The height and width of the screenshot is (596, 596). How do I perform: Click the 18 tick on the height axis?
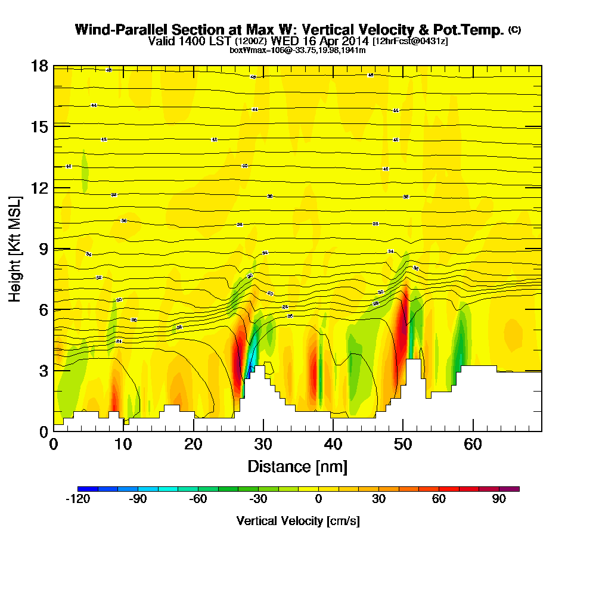click(41, 66)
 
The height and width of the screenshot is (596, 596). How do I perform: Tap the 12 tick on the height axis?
click(41, 188)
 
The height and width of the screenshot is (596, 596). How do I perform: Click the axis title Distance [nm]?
click(297, 465)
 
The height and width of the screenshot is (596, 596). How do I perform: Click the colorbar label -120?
click(77, 499)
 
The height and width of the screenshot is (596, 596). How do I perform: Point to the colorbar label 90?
click(499, 499)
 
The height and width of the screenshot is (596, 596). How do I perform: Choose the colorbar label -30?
click(257, 499)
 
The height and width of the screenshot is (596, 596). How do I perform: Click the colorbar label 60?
click(439, 499)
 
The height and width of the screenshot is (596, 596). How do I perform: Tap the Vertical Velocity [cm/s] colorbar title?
click(297, 521)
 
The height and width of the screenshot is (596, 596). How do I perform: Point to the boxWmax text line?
click(297, 50)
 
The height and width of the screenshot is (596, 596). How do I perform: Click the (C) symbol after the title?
click(514, 30)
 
